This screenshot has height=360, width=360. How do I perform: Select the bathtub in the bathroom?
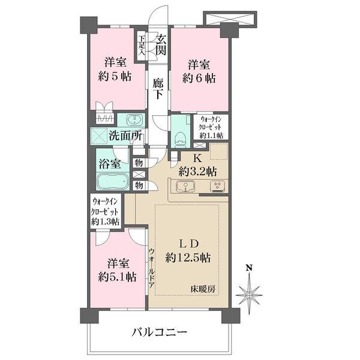pyautogui.click(x=112, y=182)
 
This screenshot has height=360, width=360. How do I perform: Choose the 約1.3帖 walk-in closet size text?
pyautogui.click(x=106, y=221)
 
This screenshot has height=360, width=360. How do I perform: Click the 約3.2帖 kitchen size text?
pyautogui.click(x=197, y=171)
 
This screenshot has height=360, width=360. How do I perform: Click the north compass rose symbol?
pyautogui.click(x=248, y=294)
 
